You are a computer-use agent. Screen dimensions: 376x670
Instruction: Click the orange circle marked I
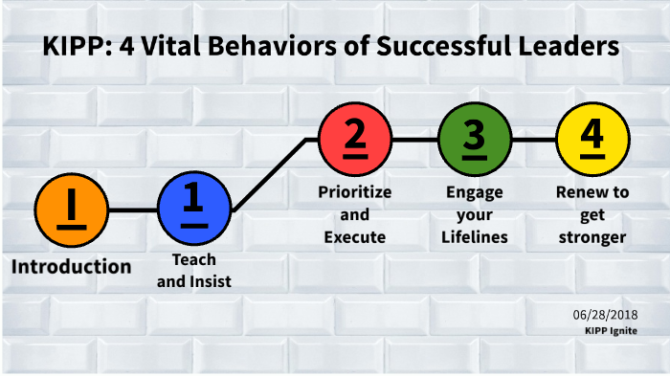click(x=71, y=210)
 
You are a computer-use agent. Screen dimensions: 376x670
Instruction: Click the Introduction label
click(x=71, y=266)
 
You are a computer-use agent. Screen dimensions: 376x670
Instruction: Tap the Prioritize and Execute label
click(x=354, y=213)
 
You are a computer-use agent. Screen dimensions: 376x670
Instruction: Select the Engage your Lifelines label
click(x=474, y=213)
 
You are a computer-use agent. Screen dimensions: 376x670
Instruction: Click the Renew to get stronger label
click(x=592, y=213)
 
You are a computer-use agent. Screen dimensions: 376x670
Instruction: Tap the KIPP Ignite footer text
click(x=612, y=330)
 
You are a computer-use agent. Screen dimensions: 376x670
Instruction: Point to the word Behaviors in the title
click(x=278, y=47)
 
